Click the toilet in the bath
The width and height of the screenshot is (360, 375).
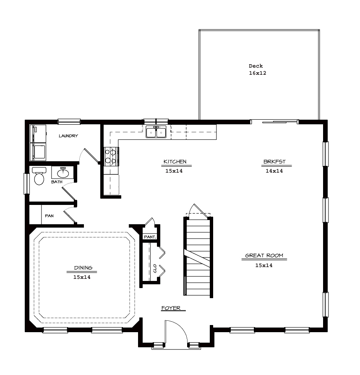[39, 176]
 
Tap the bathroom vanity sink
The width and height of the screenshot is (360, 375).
[63, 173]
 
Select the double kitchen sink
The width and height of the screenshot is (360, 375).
[156, 132]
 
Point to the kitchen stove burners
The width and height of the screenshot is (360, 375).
[111, 156]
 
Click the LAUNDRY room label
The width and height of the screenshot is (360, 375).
[68, 136]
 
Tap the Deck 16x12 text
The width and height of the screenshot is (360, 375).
[257, 69]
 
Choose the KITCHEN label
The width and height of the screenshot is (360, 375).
[175, 162]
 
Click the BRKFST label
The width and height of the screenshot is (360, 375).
[274, 162]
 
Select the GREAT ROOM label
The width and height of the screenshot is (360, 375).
[264, 255]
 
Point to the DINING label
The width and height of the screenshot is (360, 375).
[83, 268]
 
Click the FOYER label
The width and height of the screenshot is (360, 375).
[171, 308]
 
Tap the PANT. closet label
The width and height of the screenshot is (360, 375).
[150, 237]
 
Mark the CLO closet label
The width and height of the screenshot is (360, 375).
[155, 268]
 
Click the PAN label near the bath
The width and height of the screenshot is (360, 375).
[49, 216]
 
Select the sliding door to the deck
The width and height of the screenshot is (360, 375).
[274, 122]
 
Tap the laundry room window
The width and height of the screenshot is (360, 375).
[69, 121]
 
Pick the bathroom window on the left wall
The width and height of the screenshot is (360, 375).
[26, 184]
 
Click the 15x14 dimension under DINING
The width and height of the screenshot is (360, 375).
[82, 277]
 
